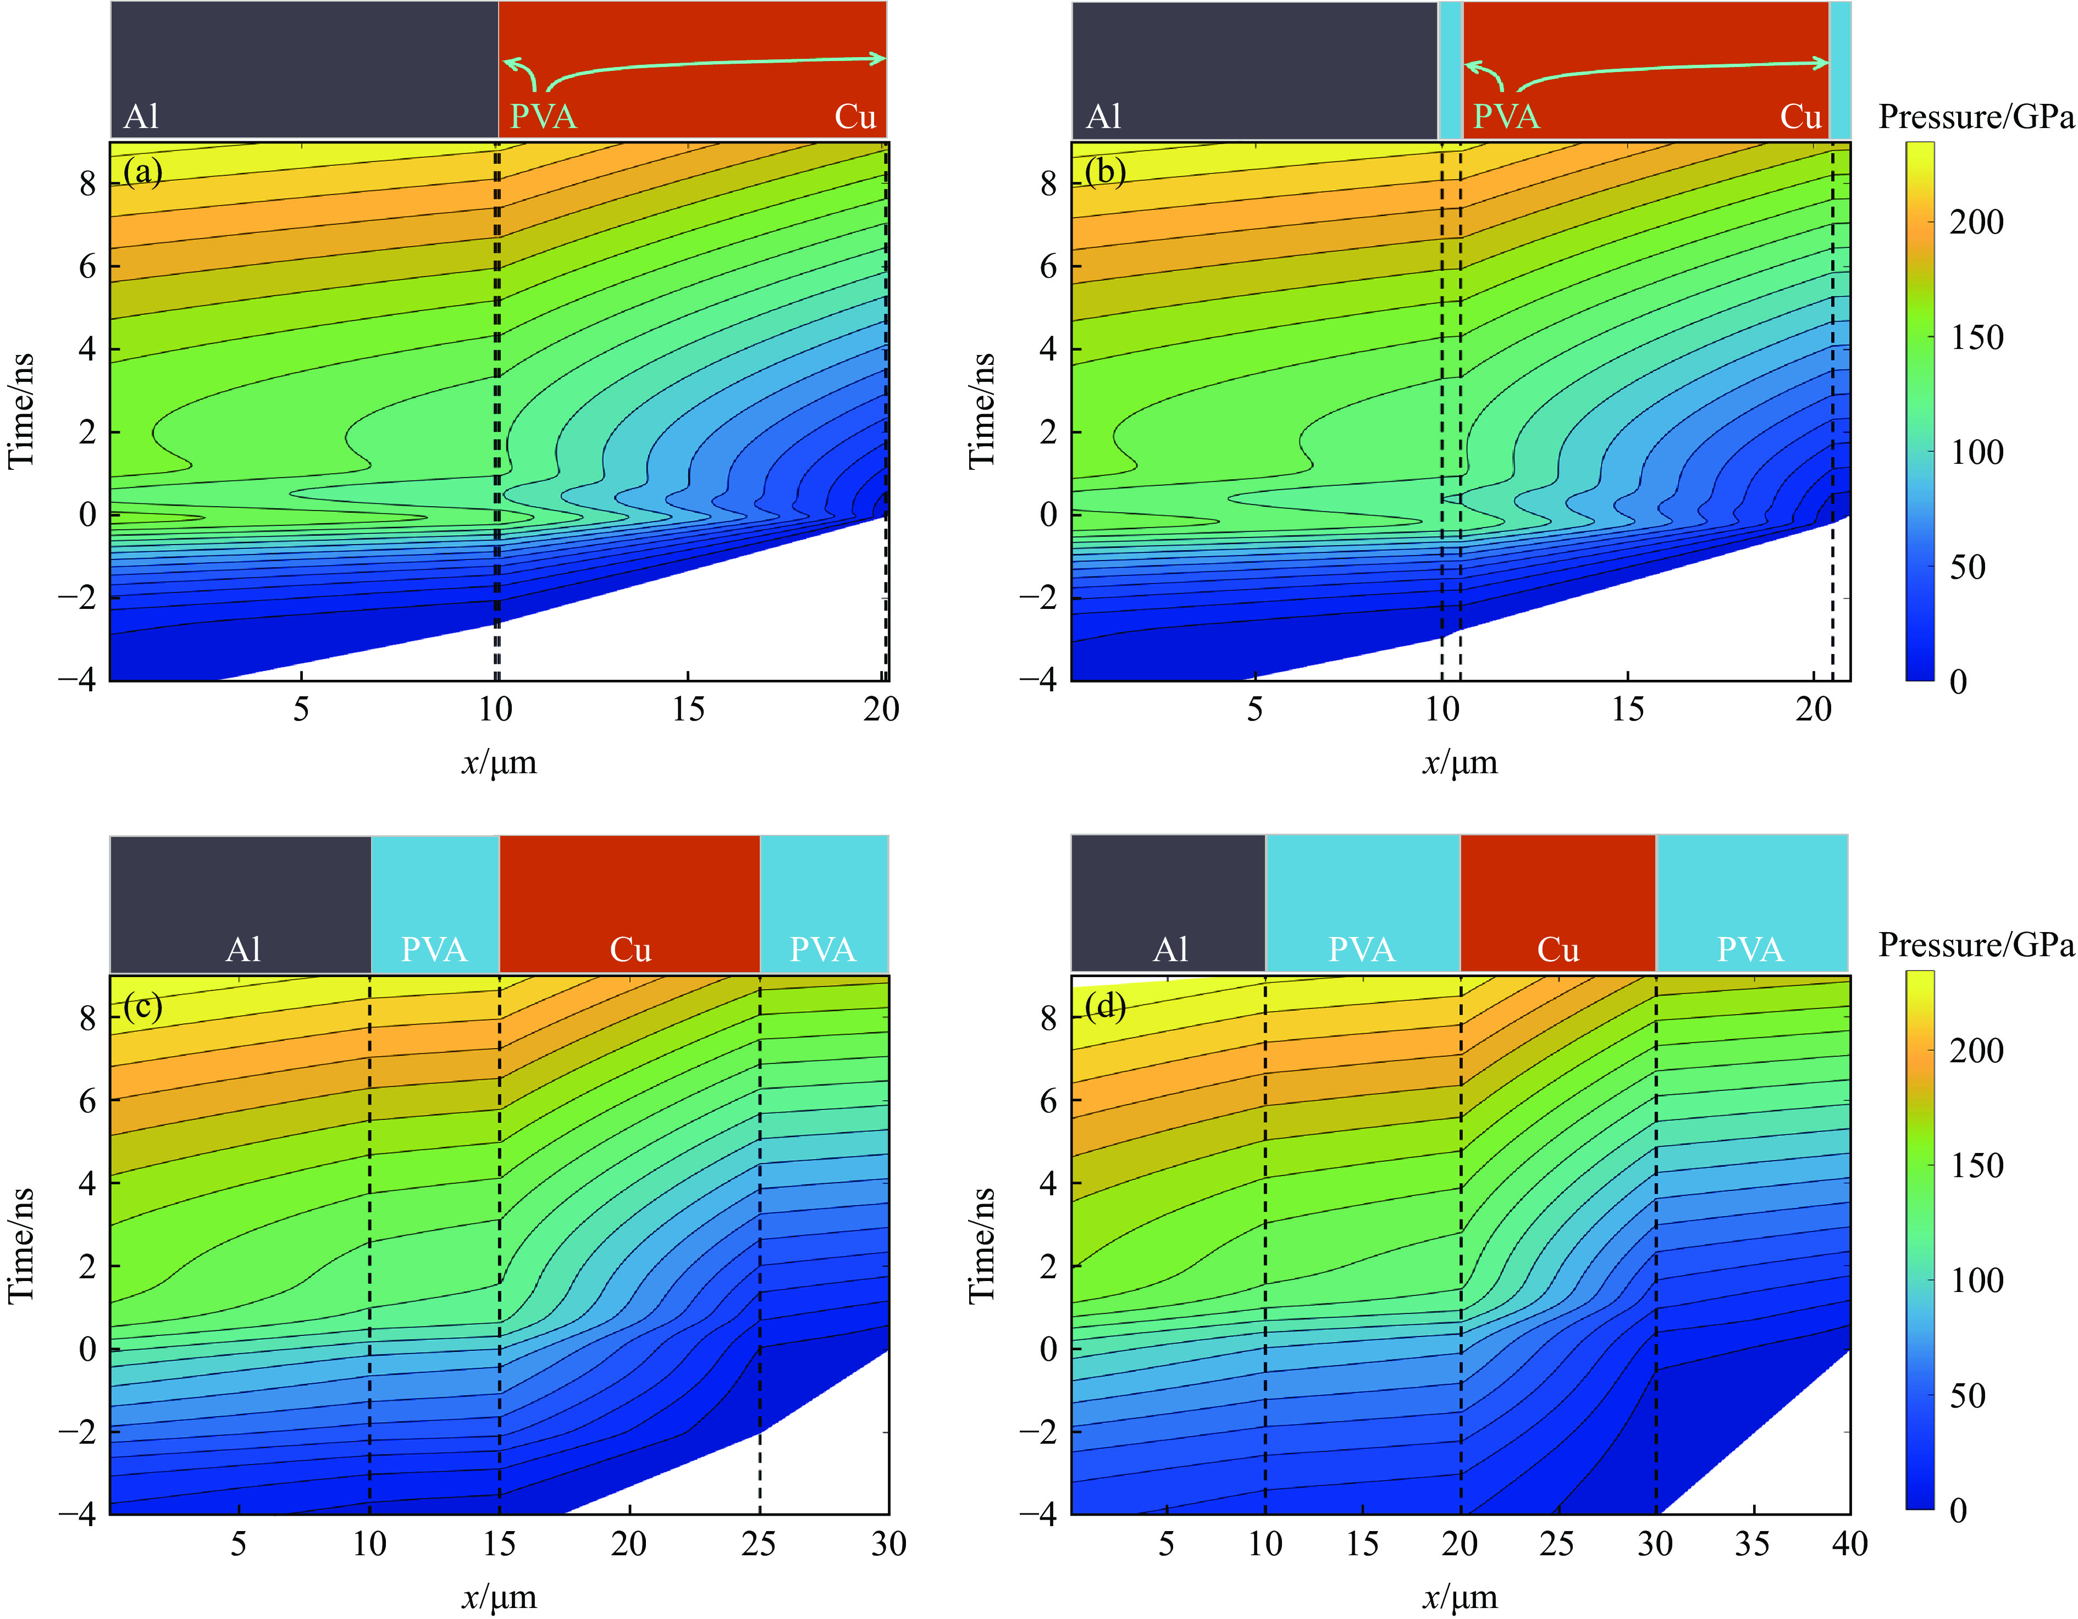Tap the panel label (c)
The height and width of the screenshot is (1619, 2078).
[x=143, y=1006]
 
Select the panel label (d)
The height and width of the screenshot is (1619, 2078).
[x=1104, y=1006]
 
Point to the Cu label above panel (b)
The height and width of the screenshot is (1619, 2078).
[x=1800, y=117]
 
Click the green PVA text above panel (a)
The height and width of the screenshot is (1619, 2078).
[x=543, y=117]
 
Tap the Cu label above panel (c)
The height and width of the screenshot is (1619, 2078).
[x=630, y=949]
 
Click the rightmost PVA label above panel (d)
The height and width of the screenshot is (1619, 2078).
[x=1750, y=949]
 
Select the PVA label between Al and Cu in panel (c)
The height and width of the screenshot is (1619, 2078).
[x=434, y=949]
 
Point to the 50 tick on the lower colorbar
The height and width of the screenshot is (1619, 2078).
[x=1967, y=1395]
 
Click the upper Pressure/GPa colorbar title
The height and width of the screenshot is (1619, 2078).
[x=1975, y=117]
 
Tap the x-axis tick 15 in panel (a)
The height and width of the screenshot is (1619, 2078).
[x=688, y=709]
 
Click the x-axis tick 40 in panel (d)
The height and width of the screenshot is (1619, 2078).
[x=1849, y=1543]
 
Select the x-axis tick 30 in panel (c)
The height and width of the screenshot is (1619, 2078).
[x=888, y=1543]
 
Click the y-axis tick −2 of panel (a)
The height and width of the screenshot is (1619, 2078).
[x=76, y=598]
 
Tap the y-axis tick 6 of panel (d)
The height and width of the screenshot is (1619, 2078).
[x=1048, y=1101]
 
